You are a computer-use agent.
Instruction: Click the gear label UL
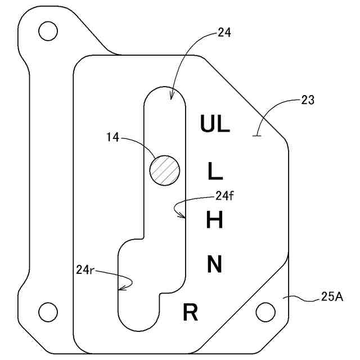pyautogui.click(x=215, y=124)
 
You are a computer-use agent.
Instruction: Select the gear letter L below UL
pyautogui.click(x=215, y=170)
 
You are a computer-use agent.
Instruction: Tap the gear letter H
pyautogui.click(x=215, y=219)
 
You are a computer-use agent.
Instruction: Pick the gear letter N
pyautogui.click(x=215, y=264)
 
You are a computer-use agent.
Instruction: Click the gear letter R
pyautogui.click(x=191, y=312)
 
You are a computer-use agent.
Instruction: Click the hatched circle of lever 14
pyautogui.click(x=165, y=169)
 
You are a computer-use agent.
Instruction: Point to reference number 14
pyautogui.click(x=112, y=137)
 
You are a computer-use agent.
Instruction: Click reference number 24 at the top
pyautogui.click(x=224, y=33)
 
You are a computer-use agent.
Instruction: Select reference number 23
pyautogui.click(x=308, y=101)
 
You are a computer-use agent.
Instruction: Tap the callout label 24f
pyautogui.click(x=223, y=196)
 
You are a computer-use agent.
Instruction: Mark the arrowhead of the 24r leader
pyautogui.click(x=119, y=289)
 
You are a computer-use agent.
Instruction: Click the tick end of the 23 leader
pyautogui.click(x=257, y=135)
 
